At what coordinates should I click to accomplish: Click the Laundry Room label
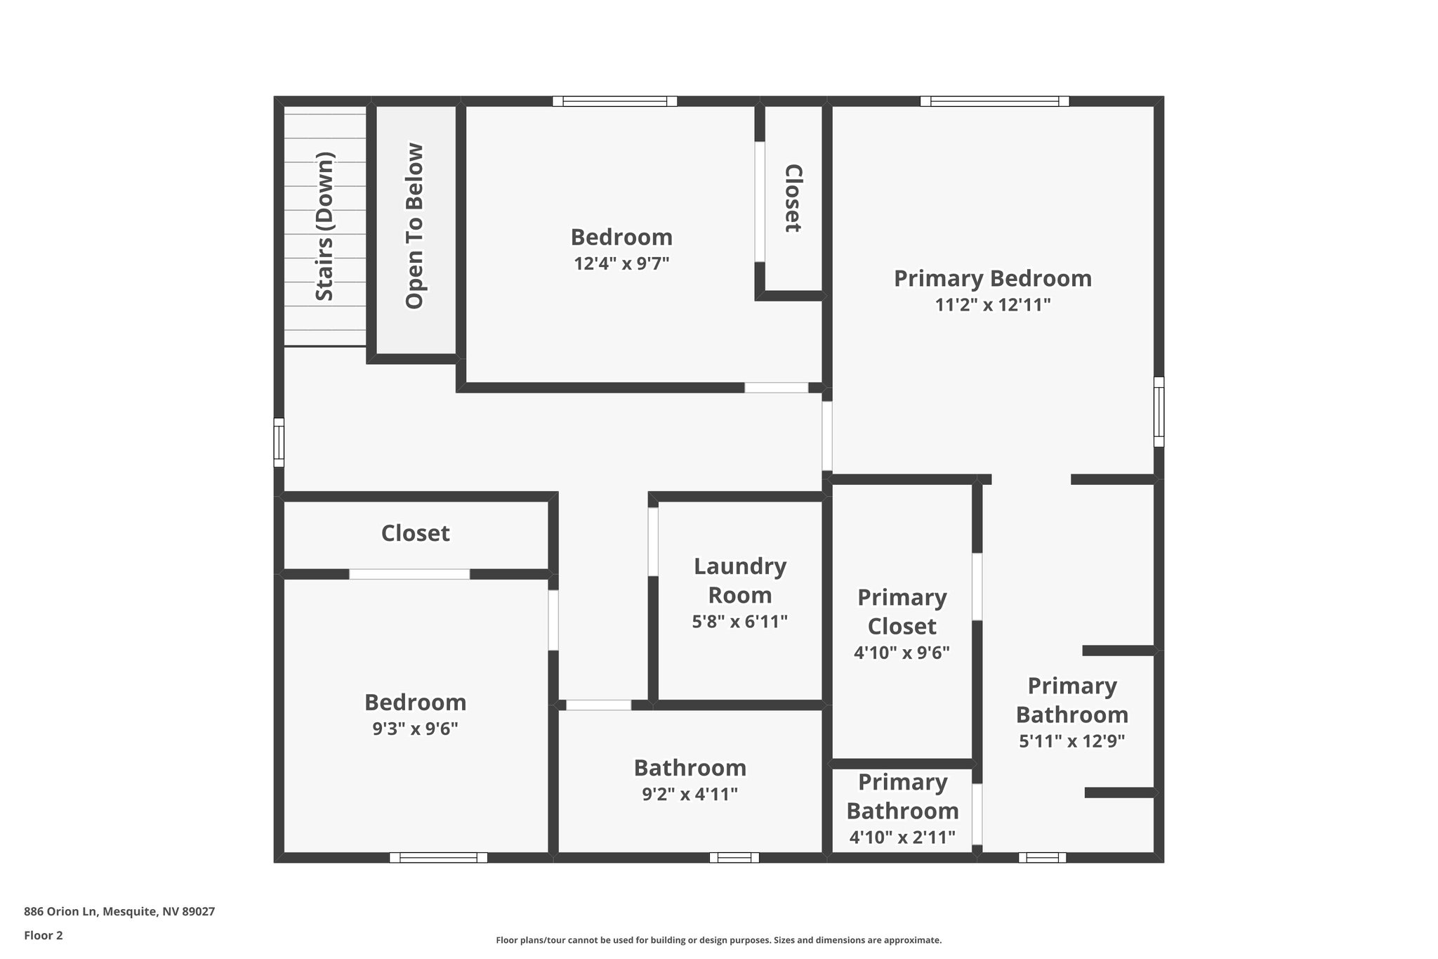click(x=739, y=580)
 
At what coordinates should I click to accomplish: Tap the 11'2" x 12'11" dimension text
click(x=992, y=305)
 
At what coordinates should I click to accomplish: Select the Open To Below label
click(x=415, y=226)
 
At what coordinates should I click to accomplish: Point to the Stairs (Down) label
click(x=324, y=226)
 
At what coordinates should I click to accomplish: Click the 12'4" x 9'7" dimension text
click(x=621, y=264)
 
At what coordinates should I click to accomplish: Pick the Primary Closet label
click(x=902, y=611)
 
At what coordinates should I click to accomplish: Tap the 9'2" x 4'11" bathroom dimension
click(x=690, y=795)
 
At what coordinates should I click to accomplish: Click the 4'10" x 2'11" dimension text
click(x=902, y=837)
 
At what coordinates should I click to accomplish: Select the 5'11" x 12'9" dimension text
click(x=1071, y=741)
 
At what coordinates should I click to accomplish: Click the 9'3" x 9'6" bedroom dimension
click(x=415, y=729)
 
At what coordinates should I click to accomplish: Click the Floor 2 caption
click(x=44, y=935)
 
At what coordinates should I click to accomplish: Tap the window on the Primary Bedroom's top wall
click(x=994, y=101)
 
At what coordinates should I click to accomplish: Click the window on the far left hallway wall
click(x=279, y=443)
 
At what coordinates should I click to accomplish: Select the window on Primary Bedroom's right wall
click(x=1159, y=412)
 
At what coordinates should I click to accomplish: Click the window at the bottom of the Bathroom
click(x=734, y=857)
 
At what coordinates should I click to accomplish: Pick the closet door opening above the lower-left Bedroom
click(x=409, y=574)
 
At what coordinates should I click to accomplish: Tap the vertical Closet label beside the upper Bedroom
click(x=793, y=198)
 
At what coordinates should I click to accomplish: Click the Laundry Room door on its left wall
click(x=653, y=542)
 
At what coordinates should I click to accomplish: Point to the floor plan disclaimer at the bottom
click(x=718, y=940)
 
